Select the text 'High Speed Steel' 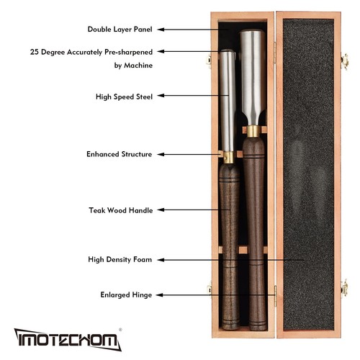tap(124, 96)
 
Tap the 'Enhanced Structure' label tap(119, 153)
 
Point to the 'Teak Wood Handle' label tap(121, 210)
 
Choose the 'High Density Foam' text tap(120, 259)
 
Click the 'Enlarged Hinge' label tap(126, 294)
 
